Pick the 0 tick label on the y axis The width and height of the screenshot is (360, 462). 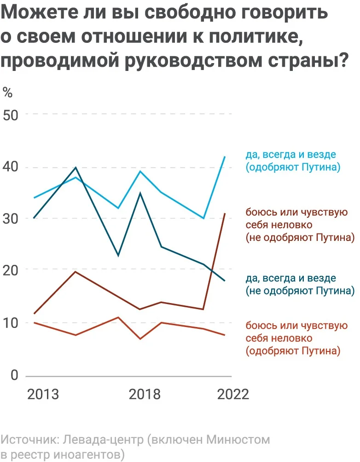coord(14,375)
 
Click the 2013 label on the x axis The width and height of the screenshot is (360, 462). coord(43,395)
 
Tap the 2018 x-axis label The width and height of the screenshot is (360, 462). coord(145,395)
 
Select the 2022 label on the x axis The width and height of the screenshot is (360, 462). coord(233,395)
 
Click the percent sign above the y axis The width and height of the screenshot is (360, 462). coord(8,92)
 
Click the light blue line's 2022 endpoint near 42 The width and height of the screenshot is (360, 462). coord(225,157)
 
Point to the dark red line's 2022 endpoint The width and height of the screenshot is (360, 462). coord(225,213)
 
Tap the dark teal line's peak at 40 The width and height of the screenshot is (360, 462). coord(75,167)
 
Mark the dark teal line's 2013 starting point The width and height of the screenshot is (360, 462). coord(34,218)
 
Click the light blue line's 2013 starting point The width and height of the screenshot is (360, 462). coord(34,198)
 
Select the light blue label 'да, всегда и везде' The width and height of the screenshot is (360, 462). coord(291,155)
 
